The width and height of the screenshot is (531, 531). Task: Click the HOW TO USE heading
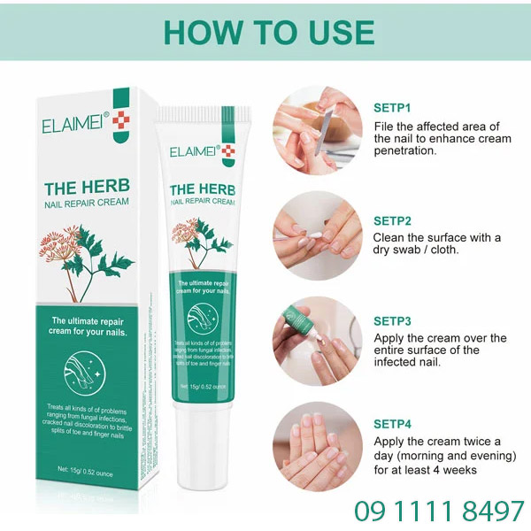(269, 32)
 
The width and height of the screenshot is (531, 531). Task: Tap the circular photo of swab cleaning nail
(317, 236)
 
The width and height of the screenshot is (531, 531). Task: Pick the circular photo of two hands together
(317, 445)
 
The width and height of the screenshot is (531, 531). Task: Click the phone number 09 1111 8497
(439, 511)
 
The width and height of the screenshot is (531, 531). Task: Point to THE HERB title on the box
(87, 187)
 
